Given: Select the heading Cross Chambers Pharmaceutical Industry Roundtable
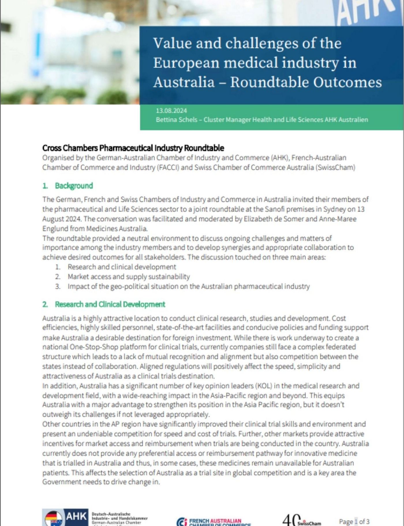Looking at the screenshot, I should click(x=133, y=148).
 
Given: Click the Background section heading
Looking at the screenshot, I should click(x=74, y=186).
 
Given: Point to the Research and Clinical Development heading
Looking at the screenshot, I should click(x=110, y=304).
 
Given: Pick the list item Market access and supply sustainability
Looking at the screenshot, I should click(x=129, y=277).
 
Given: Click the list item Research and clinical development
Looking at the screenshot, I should click(x=122, y=267).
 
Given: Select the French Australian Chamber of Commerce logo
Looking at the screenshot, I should click(x=214, y=521).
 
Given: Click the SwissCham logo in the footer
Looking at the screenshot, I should click(x=302, y=521).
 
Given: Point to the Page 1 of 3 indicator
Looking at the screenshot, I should click(x=354, y=521).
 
